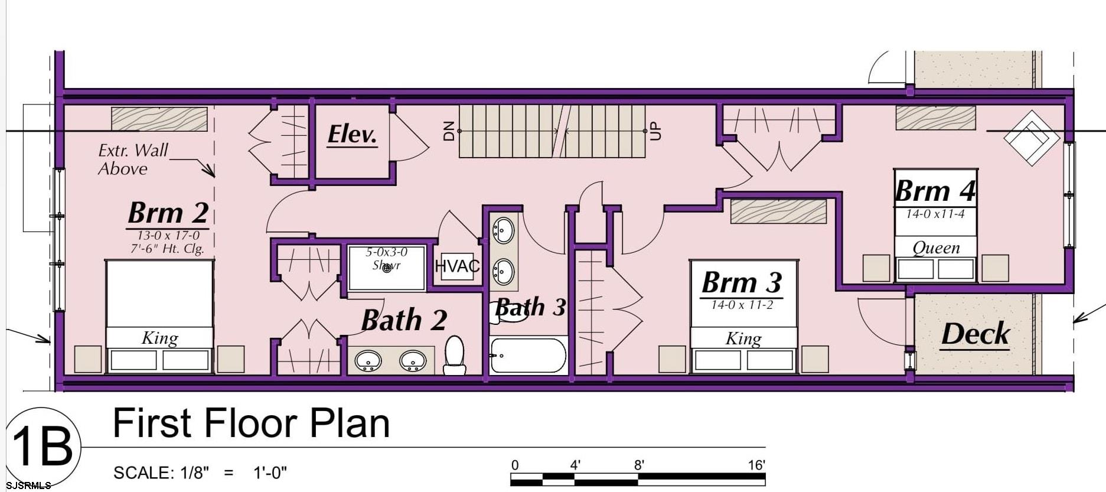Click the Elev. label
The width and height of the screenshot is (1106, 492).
point(352,135)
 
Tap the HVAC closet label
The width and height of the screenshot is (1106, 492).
point(457,266)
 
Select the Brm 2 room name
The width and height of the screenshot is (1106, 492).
point(168,213)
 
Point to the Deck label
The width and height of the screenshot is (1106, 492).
point(975,334)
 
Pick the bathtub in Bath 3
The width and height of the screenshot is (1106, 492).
point(528,356)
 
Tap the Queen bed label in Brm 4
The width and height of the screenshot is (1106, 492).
point(936,247)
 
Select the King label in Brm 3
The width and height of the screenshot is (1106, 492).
point(743,338)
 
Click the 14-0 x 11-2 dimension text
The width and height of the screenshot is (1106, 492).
point(742,305)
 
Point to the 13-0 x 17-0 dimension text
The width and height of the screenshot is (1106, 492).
point(168,236)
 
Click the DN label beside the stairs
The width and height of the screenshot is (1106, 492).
point(449,131)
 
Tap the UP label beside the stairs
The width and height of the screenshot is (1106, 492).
point(655,131)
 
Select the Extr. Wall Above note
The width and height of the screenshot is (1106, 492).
point(132,159)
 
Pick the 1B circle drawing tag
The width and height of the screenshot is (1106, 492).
point(42,447)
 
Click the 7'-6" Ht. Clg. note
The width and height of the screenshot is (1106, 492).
point(167,249)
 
